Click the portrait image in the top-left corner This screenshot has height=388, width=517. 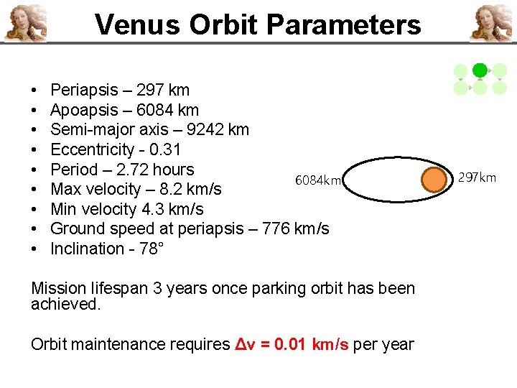[26, 22]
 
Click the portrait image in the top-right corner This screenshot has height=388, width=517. [491, 22]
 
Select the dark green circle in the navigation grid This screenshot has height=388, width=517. [480, 70]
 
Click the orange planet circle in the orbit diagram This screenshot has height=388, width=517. [434, 179]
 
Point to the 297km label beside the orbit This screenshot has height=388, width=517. [477, 177]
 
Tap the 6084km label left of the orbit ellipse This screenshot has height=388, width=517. [318, 180]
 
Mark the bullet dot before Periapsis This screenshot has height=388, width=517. [35, 91]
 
